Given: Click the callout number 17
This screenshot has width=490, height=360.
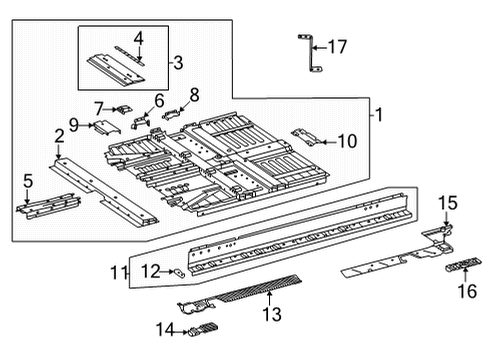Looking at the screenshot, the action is pyautogui.click(x=337, y=47).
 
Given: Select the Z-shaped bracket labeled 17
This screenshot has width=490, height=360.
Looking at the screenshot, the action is pyautogui.click(x=311, y=53).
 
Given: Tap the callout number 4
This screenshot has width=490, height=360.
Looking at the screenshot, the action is pyautogui.click(x=139, y=39).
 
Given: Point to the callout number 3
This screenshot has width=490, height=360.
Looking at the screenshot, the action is pyautogui.click(x=178, y=63).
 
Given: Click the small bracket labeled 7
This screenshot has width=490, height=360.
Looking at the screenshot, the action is pyautogui.click(x=124, y=109).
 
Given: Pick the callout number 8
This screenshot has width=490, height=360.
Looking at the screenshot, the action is pyautogui.click(x=194, y=95).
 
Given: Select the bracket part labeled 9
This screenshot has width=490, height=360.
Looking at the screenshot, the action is pyautogui.click(x=107, y=128).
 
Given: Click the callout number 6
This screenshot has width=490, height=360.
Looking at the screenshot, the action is pyautogui.click(x=159, y=101).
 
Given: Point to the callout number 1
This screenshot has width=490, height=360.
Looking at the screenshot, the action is pyautogui.click(x=378, y=115).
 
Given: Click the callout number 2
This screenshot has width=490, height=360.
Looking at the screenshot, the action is pyautogui.click(x=59, y=137).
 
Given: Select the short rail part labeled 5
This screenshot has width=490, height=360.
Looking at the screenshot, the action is pyautogui.click(x=49, y=207).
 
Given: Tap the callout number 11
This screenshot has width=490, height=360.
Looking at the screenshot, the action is pyautogui.click(x=118, y=273).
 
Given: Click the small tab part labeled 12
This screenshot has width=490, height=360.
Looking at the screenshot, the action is pyautogui.click(x=180, y=273).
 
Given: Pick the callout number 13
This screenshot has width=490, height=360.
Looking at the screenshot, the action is pyautogui.click(x=272, y=314).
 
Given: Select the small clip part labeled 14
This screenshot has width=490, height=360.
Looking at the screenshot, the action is pyautogui.click(x=203, y=329).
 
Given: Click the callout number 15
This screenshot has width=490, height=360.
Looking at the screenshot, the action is pyautogui.click(x=448, y=203).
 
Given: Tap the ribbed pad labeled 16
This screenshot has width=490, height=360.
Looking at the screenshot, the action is pyautogui.click(x=464, y=264).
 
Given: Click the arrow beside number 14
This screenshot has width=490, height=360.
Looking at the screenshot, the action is pyautogui.click(x=181, y=332).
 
